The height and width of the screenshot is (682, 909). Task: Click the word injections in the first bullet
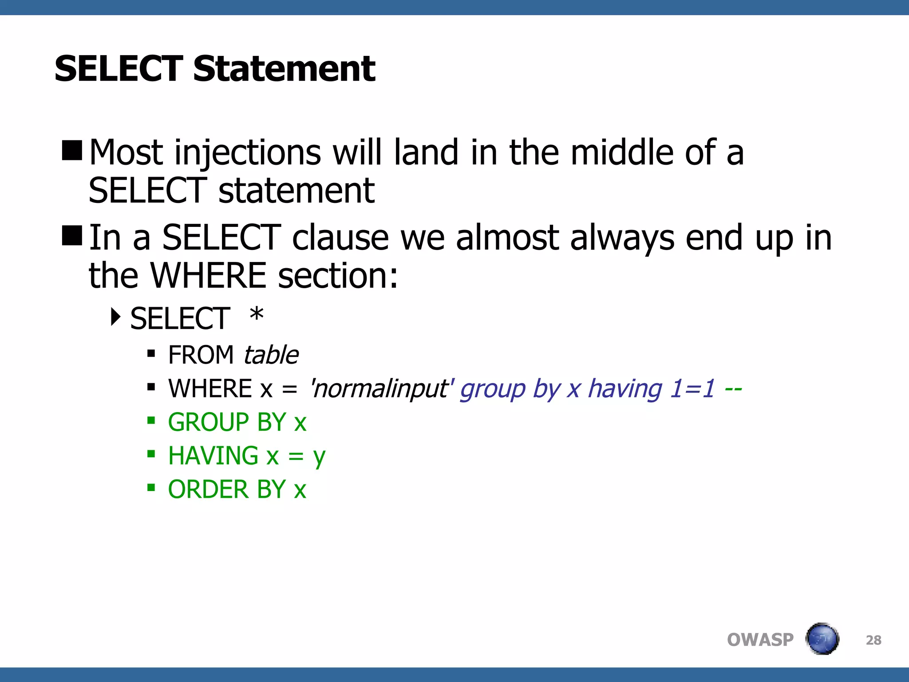click(x=248, y=153)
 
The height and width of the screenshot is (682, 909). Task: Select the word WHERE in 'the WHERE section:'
click(x=209, y=276)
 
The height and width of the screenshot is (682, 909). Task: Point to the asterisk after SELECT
click(x=257, y=316)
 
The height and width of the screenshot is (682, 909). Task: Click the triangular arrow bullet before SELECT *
click(x=116, y=317)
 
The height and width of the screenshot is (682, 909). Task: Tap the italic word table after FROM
click(x=271, y=355)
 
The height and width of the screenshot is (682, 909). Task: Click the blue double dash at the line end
click(x=733, y=389)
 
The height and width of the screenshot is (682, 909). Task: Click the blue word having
click(x=625, y=389)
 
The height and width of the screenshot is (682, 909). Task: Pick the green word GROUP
click(x=208, y=422)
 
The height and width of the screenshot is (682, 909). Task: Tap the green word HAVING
click(x=213, y=456)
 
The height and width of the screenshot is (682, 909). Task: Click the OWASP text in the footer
click(x=760, y=640)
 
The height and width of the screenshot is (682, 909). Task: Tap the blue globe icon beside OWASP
click(x=822, y=639)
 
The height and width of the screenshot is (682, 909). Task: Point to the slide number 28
click(x=873, y=640)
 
